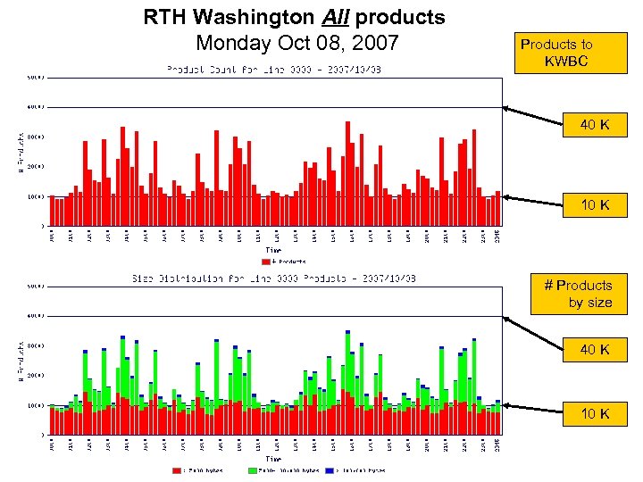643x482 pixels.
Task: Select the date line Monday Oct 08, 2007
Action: tap(296, 42)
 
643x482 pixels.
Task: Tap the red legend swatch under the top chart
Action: tap(265, 262)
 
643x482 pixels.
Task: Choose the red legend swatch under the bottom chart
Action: tap(176, 470)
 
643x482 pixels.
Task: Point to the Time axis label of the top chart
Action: tap(277, 252)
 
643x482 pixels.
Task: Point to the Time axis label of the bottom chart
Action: tap(277, 460)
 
